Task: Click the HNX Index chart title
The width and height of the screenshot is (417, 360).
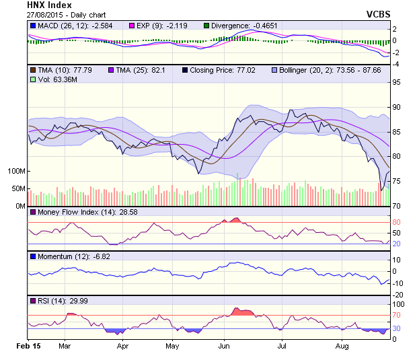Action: click(50, 5)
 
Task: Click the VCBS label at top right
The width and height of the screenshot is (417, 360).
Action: click(379, 13)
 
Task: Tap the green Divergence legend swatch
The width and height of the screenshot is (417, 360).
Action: click(206, 26)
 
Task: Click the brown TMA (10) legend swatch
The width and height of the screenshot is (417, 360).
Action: click(32, 69)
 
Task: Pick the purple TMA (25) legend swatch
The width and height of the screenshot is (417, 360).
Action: click(111, 69)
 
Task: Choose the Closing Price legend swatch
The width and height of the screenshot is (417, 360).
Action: click(185, 69)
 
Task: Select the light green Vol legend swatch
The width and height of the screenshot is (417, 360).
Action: click(32, 79)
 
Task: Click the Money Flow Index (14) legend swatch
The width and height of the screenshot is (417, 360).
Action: click(32, 213)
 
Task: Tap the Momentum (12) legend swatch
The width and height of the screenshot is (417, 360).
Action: click(32, 256)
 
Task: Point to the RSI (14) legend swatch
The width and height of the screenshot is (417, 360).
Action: click(32, 300)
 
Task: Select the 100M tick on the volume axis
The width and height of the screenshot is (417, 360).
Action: click(17, 171)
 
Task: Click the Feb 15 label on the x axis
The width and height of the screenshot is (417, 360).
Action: click(28, 346)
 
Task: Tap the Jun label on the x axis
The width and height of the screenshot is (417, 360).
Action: click(224, 346)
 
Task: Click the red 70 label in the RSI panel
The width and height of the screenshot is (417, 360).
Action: click(397, 315)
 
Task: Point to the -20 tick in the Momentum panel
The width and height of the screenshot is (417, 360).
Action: click(398, 294)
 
